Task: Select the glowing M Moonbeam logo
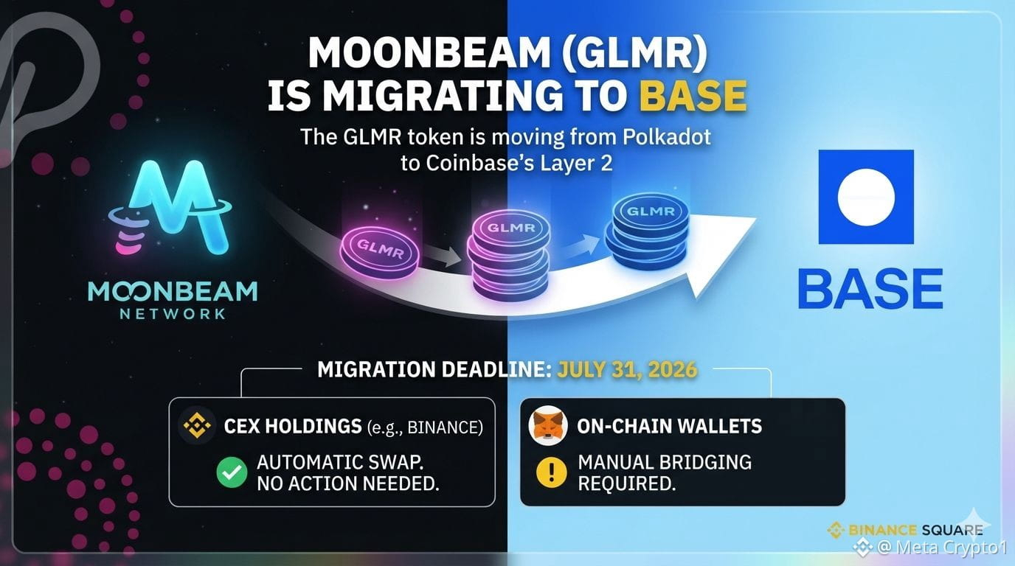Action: click(171, 206)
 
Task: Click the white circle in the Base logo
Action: click(866, 197)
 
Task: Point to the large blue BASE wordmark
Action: click(870, 288)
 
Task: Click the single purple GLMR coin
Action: click(379, 252)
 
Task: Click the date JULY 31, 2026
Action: click(627, 369)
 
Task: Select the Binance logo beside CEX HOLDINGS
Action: click(197, 426)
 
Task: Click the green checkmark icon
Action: click(232, 472)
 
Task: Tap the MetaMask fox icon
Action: click(548, 426)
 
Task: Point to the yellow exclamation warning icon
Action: click(551, 472)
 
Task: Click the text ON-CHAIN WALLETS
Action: click(669, 426)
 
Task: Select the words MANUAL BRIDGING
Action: click(665, 462)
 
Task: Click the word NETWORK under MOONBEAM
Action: click(173, 314)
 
